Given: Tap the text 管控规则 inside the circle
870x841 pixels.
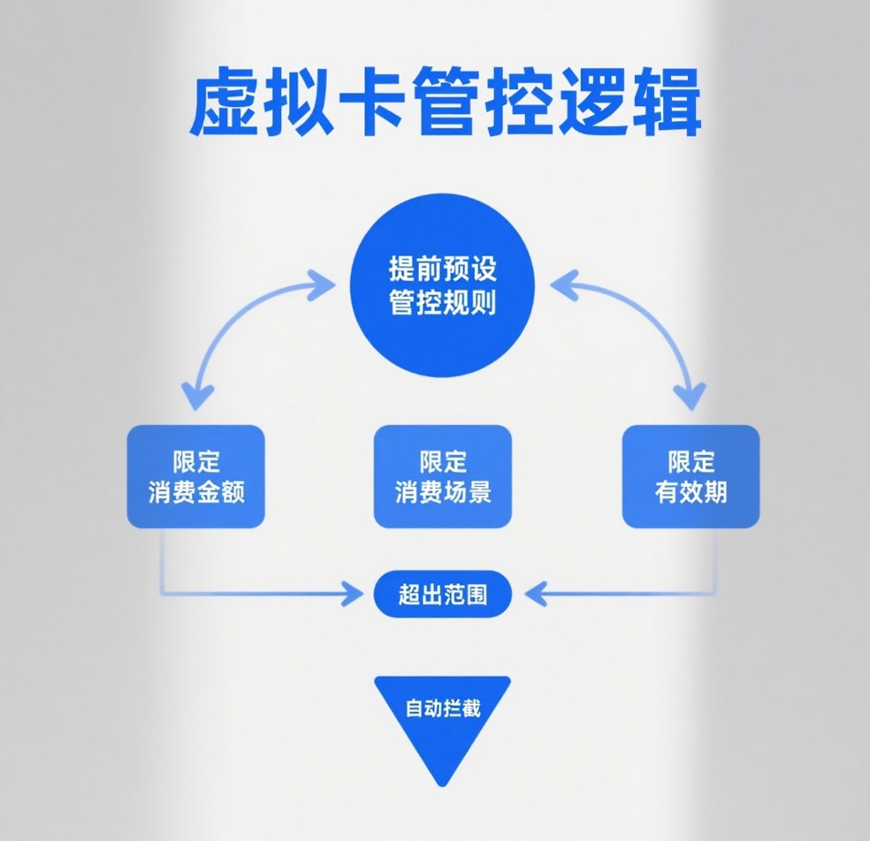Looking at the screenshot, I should click(x=443, y=304).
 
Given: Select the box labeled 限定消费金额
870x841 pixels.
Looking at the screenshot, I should click(x=195, y=476).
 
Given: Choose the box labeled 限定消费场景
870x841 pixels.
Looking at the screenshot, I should click(x=442, y=476).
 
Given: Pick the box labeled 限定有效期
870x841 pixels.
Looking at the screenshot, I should click(x=691, y=476).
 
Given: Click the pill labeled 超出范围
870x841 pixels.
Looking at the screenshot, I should click(x=442, y=595).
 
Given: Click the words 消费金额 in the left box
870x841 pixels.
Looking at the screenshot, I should click(x=195, y=492).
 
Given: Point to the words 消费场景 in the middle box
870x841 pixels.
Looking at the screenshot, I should click(x=442, y=492).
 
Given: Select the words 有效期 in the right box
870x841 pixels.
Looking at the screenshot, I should click(x=691, y=492).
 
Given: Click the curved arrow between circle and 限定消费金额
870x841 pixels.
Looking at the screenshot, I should click(x=232, y=321).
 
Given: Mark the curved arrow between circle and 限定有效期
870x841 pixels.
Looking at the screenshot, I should click(x=652, y=321).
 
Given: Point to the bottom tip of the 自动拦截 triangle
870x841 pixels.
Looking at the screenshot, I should click(x=441, y=784).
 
